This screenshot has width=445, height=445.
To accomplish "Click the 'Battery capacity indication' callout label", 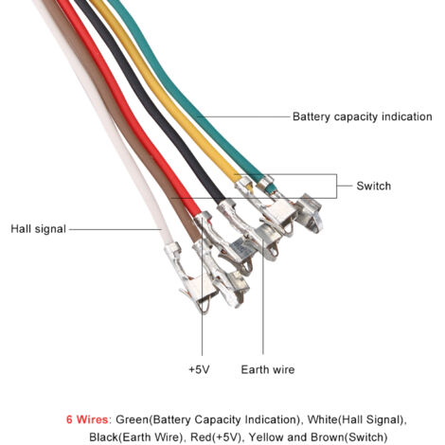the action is [363, 116].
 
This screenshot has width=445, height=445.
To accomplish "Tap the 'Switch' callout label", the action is [374, 186].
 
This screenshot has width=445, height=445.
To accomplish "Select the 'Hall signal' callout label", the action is [39, 229].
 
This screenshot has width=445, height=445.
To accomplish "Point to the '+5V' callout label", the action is [199, 369].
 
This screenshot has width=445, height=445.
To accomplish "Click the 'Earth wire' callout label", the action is [268, 369].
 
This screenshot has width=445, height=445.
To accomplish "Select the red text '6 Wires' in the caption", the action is [87, 419].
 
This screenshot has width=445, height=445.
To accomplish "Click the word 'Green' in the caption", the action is [133, 419].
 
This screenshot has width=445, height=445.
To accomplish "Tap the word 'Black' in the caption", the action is [103, 437].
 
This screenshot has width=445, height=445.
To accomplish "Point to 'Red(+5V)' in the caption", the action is [217, 437].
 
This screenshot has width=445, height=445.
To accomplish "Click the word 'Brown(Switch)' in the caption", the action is [349, 437].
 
